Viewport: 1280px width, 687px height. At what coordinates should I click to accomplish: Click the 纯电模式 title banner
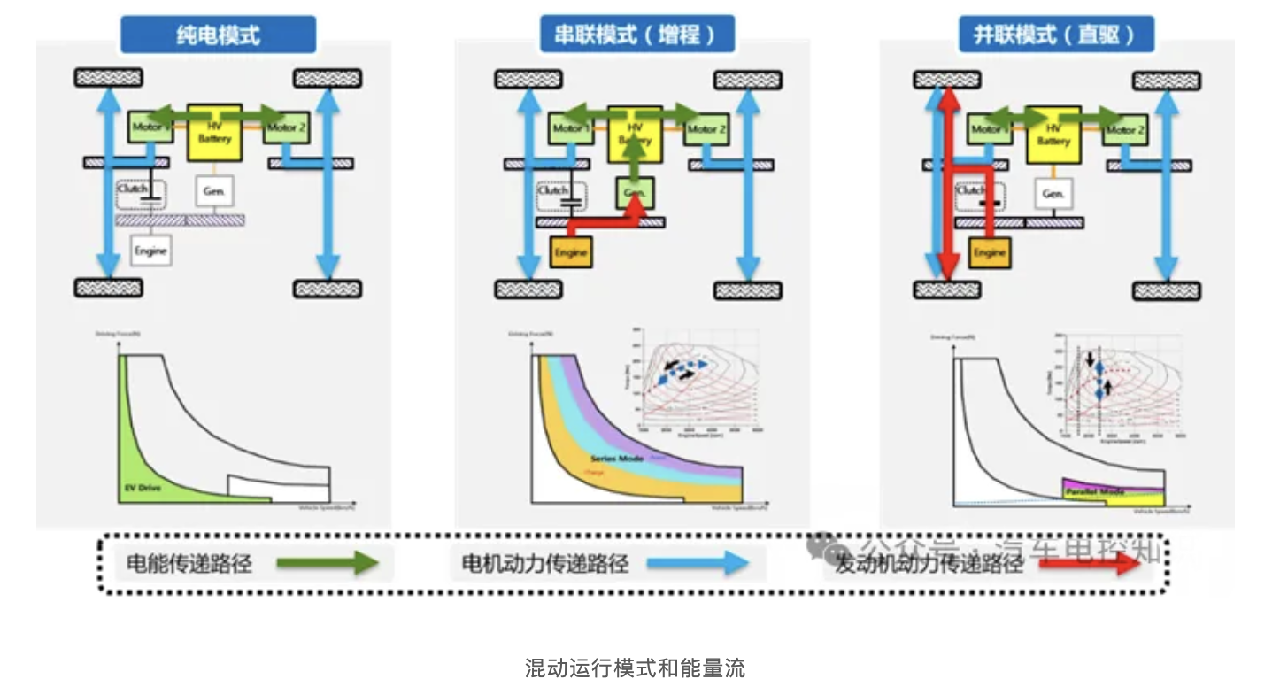click(218, 36)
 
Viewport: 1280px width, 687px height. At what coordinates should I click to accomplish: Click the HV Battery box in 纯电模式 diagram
click(214, 132)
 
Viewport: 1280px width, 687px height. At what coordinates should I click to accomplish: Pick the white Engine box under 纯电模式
click(150, 251)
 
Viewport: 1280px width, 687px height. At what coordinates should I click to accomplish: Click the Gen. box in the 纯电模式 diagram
click(213, 192)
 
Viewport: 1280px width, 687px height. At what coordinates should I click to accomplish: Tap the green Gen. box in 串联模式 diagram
click(634, 192)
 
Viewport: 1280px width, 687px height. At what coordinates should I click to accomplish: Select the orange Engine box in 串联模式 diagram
click(571, 253)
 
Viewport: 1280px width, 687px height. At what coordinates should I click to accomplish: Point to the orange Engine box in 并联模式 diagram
click(990, 253)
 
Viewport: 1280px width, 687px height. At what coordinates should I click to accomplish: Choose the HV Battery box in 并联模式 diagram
click(1053, 134)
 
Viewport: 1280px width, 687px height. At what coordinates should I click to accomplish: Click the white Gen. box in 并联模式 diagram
click(1053, 193)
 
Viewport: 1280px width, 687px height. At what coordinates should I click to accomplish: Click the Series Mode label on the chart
click(618, 459)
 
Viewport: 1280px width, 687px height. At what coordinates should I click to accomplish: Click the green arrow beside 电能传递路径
click(328, 562)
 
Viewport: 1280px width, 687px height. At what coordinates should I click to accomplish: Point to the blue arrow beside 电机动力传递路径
click(698, 562)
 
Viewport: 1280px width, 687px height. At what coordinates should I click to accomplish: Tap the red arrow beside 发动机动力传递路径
click(1089, 564)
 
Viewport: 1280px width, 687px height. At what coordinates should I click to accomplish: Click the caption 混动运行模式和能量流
click(635, 668)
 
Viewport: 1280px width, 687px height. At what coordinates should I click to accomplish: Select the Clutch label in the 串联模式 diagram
click(553, 190)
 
